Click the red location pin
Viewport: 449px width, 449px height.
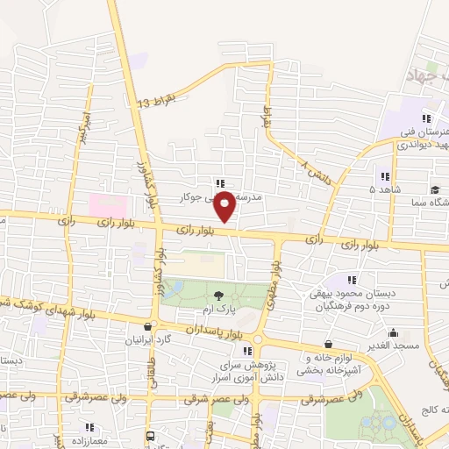click(x=226, y=206)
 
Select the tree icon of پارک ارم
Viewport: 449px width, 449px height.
click(x=218, y=296)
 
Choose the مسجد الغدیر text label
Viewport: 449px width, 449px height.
click(x=396, y=347)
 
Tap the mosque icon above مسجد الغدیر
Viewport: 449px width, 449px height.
click(x=394, y=332)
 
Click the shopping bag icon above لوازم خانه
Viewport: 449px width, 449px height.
click(x=328, y=344)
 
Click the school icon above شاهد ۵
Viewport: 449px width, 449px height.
click(x=383, y=175)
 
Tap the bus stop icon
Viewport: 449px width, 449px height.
click(x=150, y=435)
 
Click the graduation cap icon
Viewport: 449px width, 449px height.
click(x=435, y=189)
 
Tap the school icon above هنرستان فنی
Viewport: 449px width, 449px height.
click(x=426, y=118)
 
